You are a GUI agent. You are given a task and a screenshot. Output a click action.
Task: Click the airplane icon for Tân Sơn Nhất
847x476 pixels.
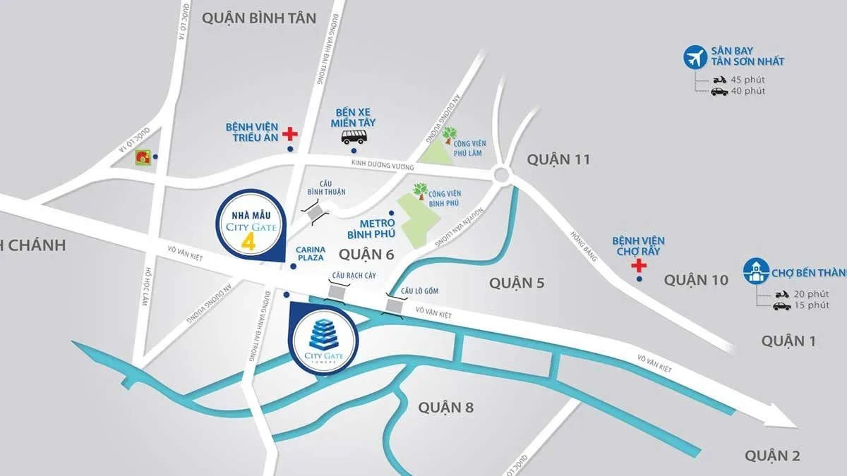coord(697,57)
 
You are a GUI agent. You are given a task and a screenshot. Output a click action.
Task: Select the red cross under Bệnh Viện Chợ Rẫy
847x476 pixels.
coord(639,266)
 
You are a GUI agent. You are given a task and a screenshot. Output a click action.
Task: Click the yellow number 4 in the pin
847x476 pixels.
coord(248,241)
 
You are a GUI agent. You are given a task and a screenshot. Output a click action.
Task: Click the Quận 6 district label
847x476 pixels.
coord(366,254)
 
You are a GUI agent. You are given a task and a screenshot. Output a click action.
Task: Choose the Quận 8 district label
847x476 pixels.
coord(445,407)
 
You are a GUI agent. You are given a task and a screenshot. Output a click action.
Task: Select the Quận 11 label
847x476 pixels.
coord(558,159)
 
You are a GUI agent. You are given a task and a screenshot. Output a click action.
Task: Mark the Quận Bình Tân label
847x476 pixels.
coord(259,18)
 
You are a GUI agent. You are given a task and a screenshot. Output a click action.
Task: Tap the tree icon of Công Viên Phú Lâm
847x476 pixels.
coord(448,135)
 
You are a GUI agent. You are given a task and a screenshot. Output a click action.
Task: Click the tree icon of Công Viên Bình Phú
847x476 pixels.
coord(421,191)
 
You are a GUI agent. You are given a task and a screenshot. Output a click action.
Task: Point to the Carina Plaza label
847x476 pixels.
coord(311,254)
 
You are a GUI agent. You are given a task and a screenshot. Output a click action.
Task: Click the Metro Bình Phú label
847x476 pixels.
coord(371,228)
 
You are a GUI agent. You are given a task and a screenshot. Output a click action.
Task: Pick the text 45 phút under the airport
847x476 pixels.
coord(747,80)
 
